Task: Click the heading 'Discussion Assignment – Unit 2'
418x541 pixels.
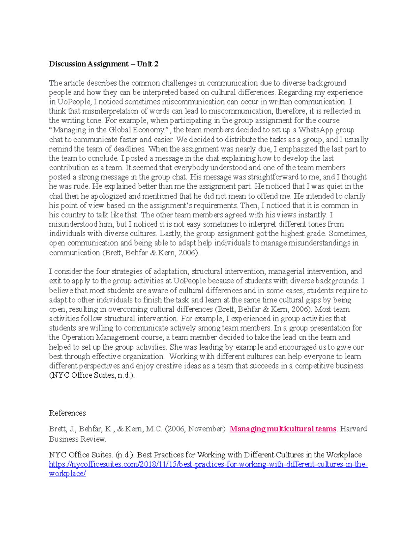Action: (103, 64)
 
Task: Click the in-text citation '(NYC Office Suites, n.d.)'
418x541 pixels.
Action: (92, 375)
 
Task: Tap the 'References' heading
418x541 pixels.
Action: (67, 413)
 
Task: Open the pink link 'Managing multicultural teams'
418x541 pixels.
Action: (282, 429)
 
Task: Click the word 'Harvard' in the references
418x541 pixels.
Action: (353, 429)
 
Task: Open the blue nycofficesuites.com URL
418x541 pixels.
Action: (208, 464)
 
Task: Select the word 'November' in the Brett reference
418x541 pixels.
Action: (207, 429)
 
